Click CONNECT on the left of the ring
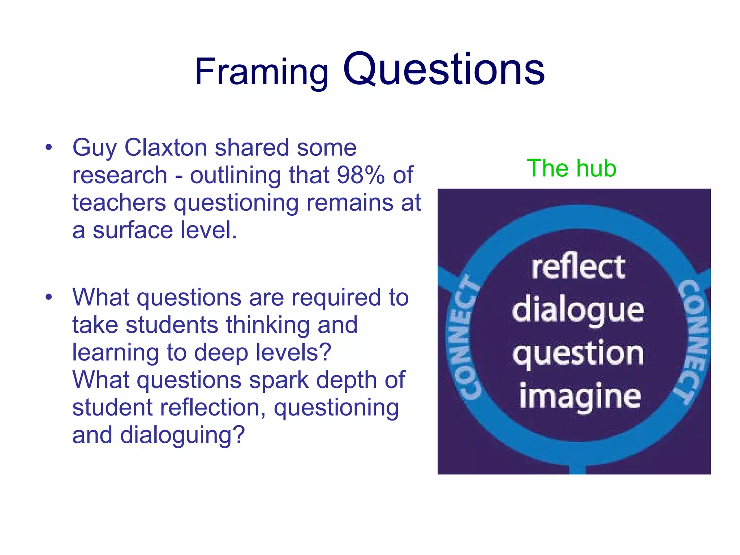coord(466,338)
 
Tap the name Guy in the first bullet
coord(94,148)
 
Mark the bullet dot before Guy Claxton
coord(49,147)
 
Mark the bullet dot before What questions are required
coord(49,297)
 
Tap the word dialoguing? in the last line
coord(182,435)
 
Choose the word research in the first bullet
coord(120,175)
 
